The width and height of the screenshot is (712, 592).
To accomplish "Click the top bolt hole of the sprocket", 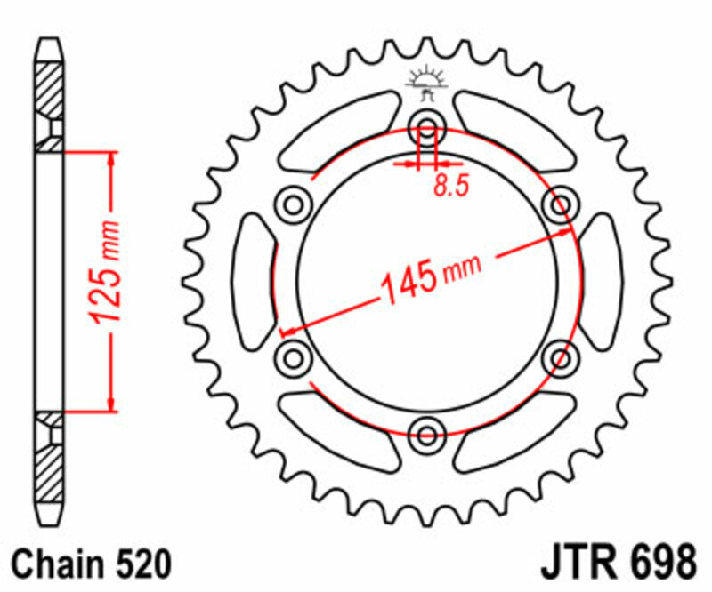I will point(427,130).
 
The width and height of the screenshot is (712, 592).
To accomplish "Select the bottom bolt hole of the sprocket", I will point(427,434).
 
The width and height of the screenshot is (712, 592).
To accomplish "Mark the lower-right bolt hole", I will point(561,358).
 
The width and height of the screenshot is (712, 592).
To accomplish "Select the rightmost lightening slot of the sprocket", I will point(602,282).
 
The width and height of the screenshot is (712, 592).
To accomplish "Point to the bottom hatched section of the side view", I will point(49,467).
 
